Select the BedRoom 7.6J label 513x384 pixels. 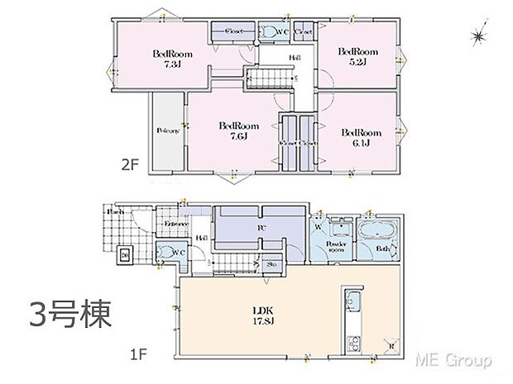(x=238, y=130)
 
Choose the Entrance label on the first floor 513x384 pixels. (x=176, y=225)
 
